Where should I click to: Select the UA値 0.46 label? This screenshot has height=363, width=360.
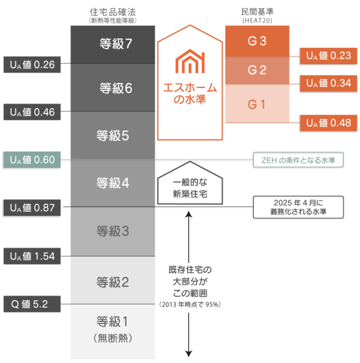pos(32,111)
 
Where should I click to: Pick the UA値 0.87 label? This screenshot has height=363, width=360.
pos(32,207)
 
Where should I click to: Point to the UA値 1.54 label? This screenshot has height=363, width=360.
pos(32,255)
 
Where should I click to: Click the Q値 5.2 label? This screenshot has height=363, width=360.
pos(32,303)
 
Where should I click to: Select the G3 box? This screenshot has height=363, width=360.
pos(257,41)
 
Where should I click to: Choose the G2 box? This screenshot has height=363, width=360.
pos(257,71)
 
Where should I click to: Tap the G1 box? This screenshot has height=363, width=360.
pos(257,103)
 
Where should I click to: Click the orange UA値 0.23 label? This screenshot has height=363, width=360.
pos(328,56)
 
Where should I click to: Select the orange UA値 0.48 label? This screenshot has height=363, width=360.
pos(328,123)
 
